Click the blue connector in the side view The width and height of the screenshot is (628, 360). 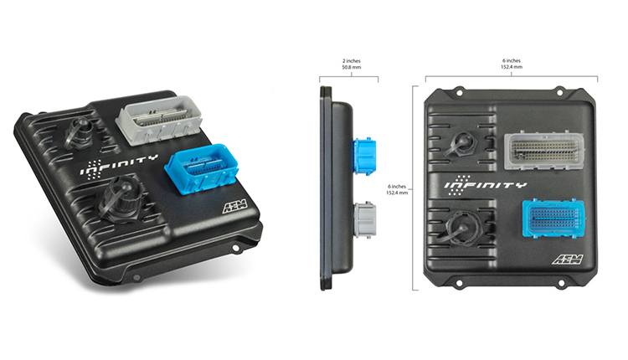(x=365, y=156)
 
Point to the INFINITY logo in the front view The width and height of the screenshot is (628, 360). (x=485, y=184)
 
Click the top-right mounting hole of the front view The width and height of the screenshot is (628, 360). (x=579, y=89)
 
